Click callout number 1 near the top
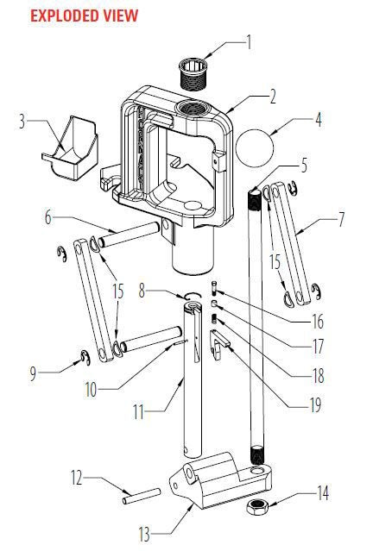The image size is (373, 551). tap(250, 42)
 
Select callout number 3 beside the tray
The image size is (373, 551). tap(22, 122)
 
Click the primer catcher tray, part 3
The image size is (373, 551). tap(71, 148)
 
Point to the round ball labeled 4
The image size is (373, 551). tap(255, 147)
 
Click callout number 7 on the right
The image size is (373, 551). tap(341, 218)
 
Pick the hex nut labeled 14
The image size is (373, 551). tap(258, 507)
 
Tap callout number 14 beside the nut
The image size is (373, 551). tap(323, 492)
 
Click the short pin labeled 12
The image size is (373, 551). tap(142, 497)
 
